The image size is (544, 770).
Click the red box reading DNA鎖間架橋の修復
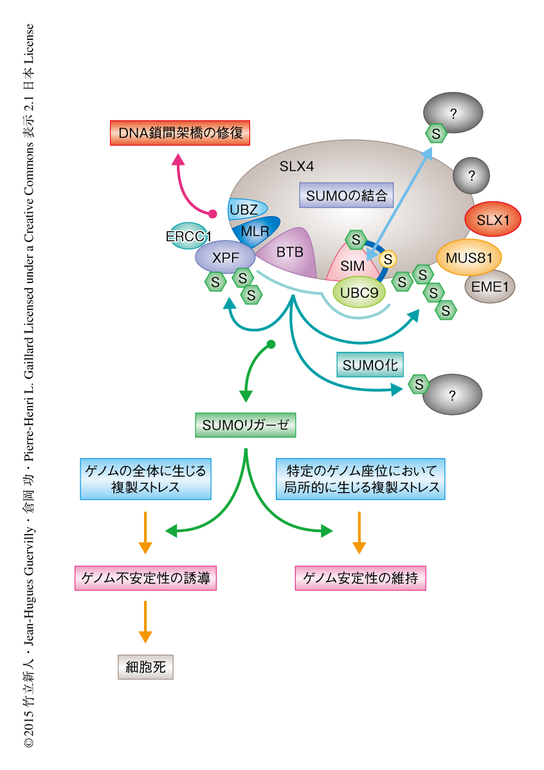pos(179,134)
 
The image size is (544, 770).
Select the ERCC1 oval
pos(188,237)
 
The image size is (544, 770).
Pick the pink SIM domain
pos(352,265)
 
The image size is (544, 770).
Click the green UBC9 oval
pos(359,293)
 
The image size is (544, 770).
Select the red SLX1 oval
pos(493,219)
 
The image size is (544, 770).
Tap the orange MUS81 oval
pos(469,258)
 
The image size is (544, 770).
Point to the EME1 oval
pos(490,287)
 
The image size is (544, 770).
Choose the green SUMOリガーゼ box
pos(245,425)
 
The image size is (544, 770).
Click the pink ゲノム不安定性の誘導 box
pos(145,579)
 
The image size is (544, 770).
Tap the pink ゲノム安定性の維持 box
pos(360,579)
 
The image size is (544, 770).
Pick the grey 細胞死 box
pos(146,667)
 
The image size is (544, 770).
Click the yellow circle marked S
pos(388,259)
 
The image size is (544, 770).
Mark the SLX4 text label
pos(296,167)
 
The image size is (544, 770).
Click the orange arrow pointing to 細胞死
pos(146,621)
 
